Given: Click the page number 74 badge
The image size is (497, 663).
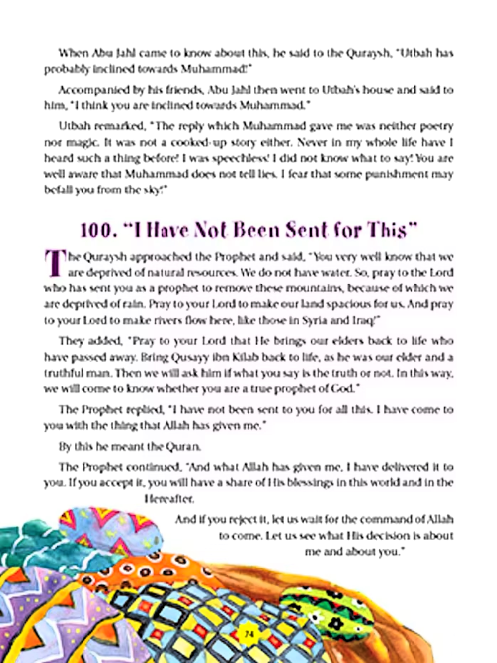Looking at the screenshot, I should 249,634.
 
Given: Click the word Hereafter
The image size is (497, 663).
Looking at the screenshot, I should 169,498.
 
